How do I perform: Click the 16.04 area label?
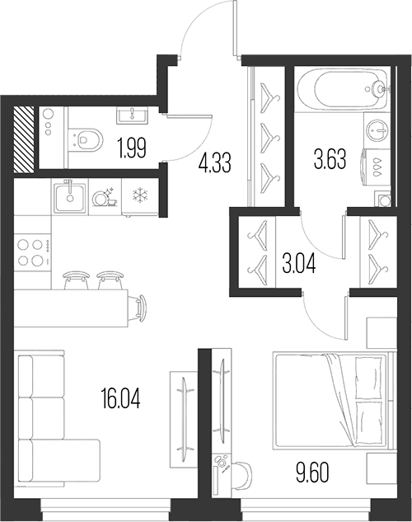(121, 399)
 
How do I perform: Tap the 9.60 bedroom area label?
(312, 473)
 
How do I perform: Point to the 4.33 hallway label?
(214, 163)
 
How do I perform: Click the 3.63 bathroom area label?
(330, 159)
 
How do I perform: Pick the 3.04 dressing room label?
(299, 265)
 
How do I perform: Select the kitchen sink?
(70, 197)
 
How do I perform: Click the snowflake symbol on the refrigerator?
(139, 195)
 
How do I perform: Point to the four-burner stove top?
(33, 252)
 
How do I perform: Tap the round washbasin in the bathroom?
(377, 130)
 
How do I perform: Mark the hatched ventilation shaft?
(24, 139)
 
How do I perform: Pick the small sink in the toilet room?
(132, 115)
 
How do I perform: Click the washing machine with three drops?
(376, 167)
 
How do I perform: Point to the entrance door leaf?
(236, 29)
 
